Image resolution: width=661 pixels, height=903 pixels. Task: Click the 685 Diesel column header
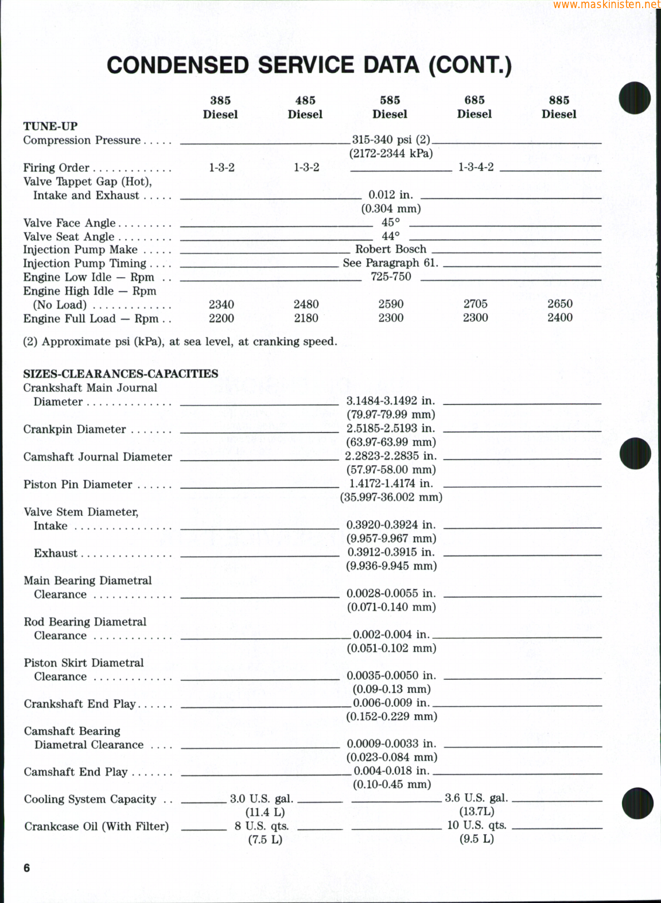[475, 107]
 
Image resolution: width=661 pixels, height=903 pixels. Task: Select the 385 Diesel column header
[220, 107]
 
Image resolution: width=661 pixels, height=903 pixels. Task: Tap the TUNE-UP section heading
[50, 126]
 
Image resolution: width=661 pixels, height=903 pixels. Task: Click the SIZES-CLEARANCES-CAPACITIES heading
[120, 374]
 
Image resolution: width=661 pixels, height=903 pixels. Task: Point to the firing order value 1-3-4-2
[476, 168]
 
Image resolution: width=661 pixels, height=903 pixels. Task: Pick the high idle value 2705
[476, 304]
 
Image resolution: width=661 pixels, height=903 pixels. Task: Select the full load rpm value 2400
[559, 318]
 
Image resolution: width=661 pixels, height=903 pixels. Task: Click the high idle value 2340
[221, 305]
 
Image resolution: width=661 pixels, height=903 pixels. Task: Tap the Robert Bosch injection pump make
[391, 250]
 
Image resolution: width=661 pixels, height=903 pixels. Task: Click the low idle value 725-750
[391, 277]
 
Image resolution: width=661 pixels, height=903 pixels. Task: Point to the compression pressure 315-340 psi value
[391, 140]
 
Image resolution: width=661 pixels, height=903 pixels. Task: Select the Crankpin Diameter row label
[75, 430]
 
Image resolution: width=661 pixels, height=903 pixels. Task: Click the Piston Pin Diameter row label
[78, 485]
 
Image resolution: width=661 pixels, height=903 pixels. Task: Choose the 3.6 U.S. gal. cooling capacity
[476, 798]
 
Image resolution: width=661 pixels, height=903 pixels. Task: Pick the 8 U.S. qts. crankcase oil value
[262, 826]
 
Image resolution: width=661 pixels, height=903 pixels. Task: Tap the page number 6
[27, 868]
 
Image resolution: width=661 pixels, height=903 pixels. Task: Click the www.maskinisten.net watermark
[606, 5]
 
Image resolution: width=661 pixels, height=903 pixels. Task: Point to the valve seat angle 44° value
[391, 236]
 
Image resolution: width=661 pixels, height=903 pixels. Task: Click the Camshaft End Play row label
[76, 772]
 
